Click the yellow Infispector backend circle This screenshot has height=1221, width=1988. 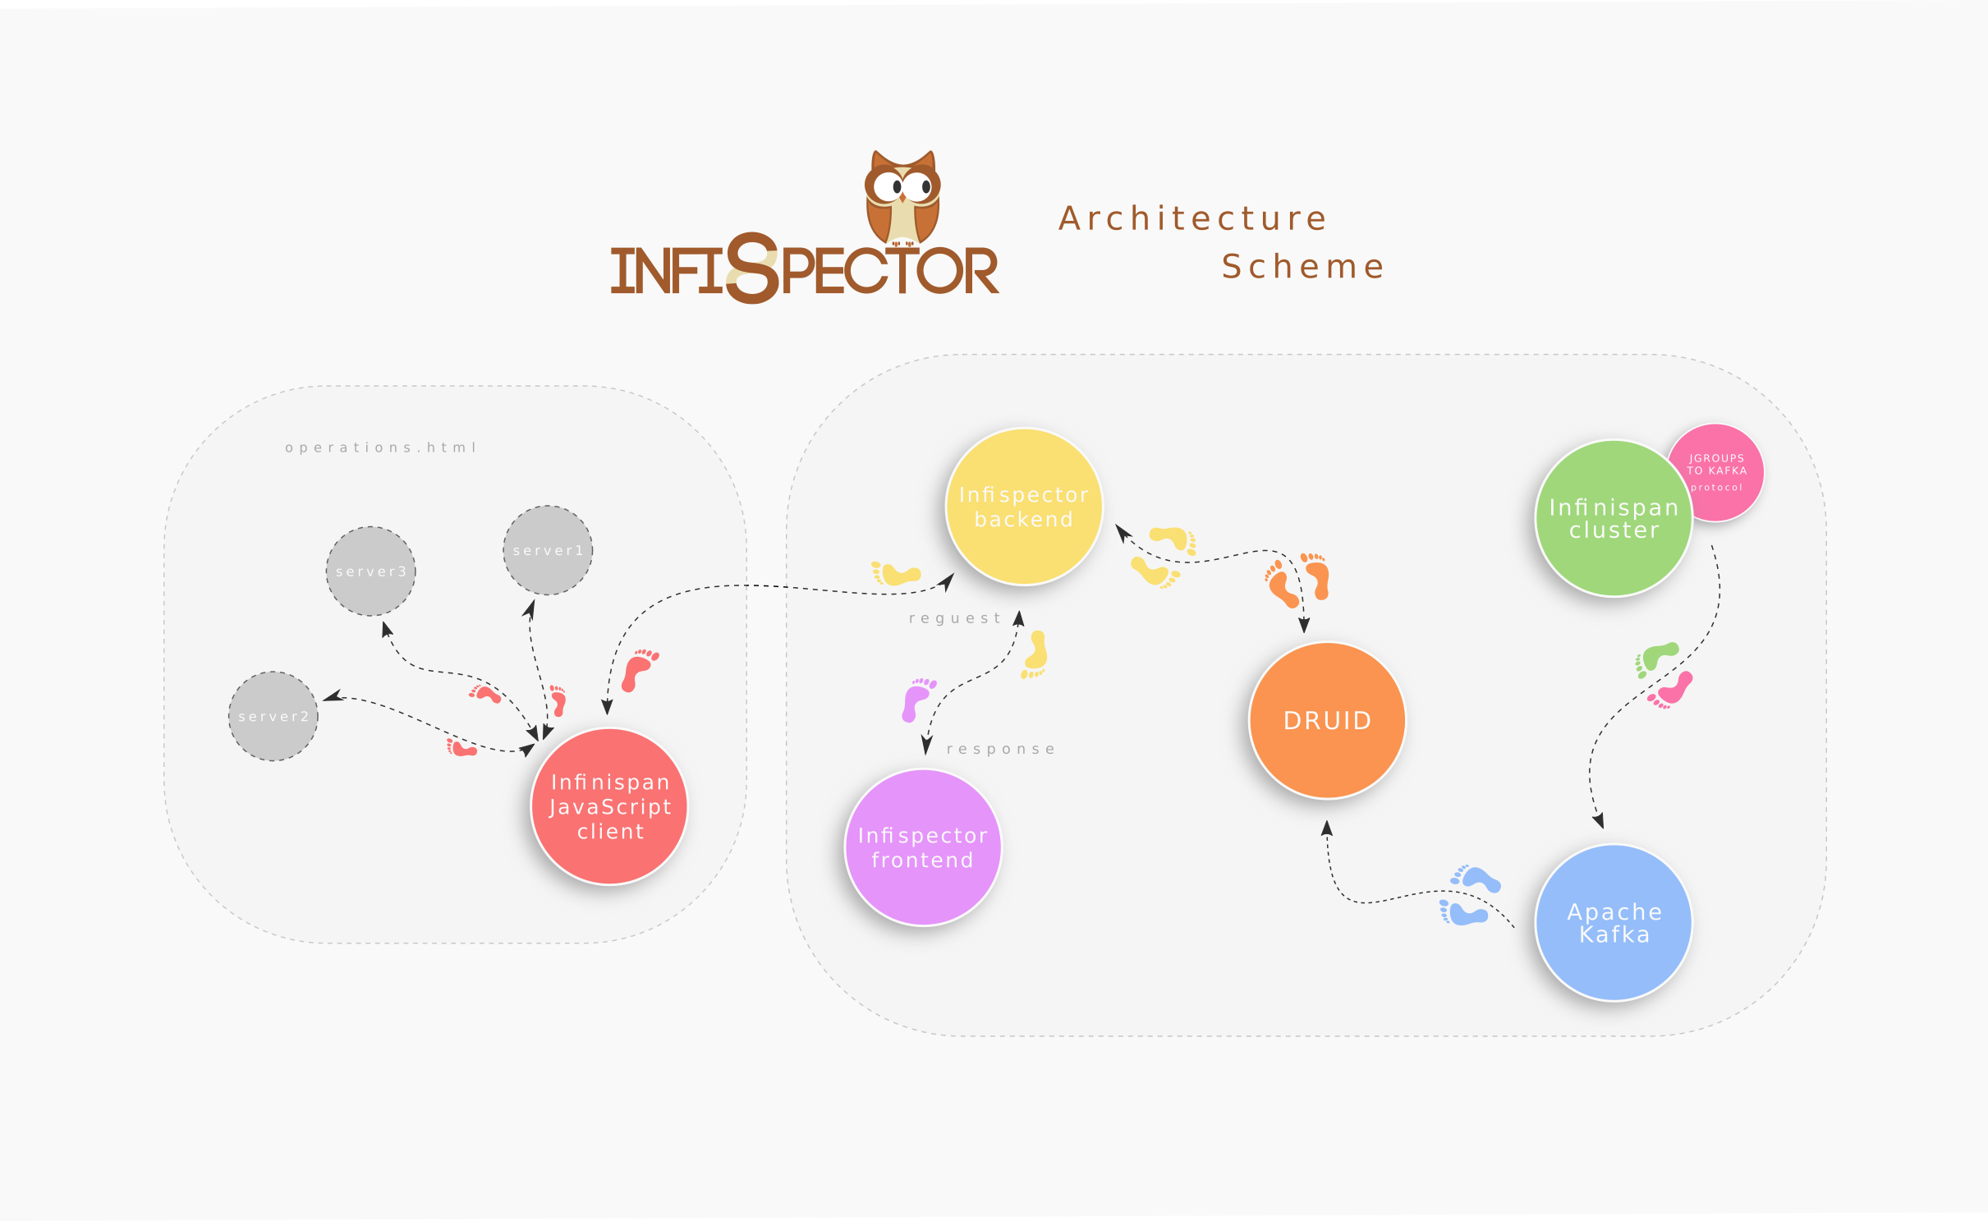[1024, 507]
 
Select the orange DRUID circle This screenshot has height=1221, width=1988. [1327, 720]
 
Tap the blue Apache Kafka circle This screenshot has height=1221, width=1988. [1614, 923]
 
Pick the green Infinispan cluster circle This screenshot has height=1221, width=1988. [1614, 518]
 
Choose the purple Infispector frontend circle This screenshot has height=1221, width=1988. [922, 847]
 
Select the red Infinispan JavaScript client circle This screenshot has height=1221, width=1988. [609, 806]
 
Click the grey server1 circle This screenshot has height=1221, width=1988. [548, 550]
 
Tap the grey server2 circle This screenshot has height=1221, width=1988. [273, 716]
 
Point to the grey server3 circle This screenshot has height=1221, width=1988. [370, 571]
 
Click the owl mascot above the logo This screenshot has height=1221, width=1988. [902, 197]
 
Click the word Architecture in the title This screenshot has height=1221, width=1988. [1192, 218]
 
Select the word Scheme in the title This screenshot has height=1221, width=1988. [1303, 267]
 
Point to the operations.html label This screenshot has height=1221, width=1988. [381, 448]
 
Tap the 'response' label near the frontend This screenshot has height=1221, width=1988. [1001, 749]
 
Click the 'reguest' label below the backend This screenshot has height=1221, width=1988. [955, 618]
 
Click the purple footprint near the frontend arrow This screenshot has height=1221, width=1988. [916, 700]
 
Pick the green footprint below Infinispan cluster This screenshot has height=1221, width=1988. [1656, 659]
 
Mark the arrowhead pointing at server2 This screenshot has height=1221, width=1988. [332, 697]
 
